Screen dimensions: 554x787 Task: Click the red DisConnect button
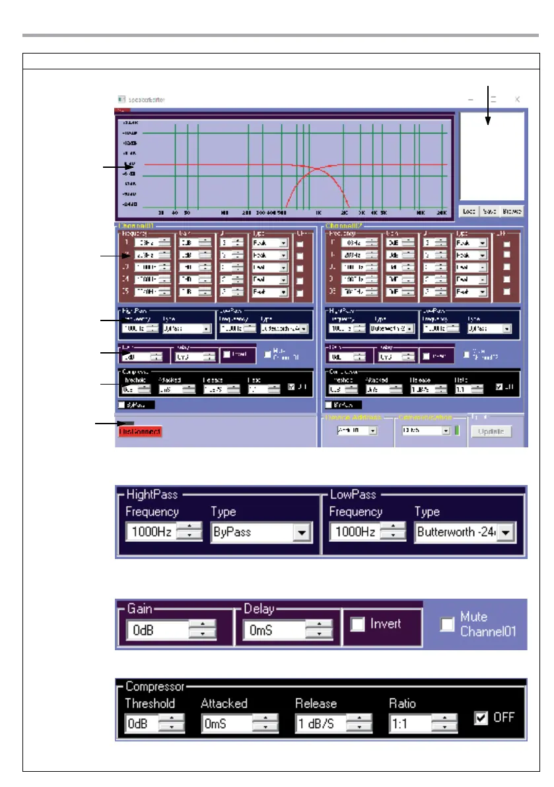pyautogui.click(x=140, y=431)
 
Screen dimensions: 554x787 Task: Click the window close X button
pyautogui.click(x=518, y=99)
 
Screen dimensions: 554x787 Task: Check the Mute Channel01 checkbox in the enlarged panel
pyautogui.click(x=448, y=624)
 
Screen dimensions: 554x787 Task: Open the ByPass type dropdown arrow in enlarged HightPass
pyautogui.click(x=302, y=532)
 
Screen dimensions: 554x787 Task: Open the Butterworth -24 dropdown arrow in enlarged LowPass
pyautogui.click(x=506, y=532)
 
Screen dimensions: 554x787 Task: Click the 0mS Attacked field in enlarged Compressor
pyautogui.click(x=226, y=724)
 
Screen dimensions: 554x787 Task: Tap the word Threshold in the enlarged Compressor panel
pyautogui.click(x=150, y=703)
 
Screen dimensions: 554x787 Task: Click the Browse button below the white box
pyautogui.click(x=512, y=211)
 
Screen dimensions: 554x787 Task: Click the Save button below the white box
pyautogui.click(x=489, y=211)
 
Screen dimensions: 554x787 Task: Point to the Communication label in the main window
pyautogui.click(x=425, y=417)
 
